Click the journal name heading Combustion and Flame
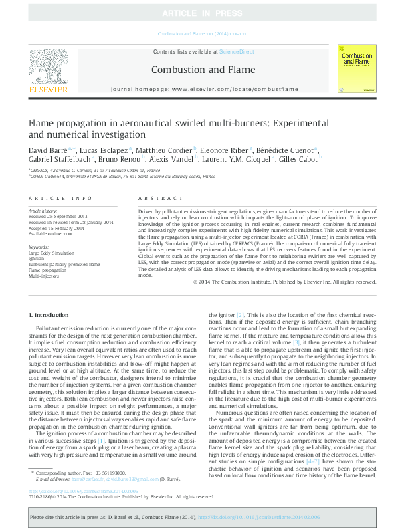click(203, 70)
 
